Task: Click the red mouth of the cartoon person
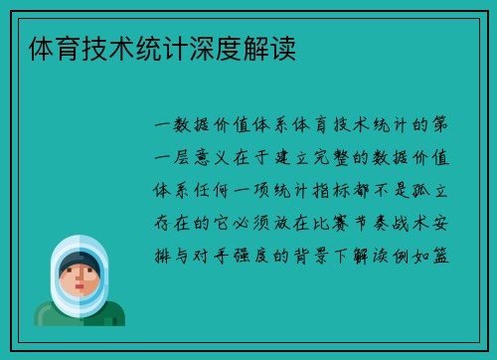(x=78, y=291)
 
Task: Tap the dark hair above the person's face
(x=79, y=261)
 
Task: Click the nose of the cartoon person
(x=78, y=282)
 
